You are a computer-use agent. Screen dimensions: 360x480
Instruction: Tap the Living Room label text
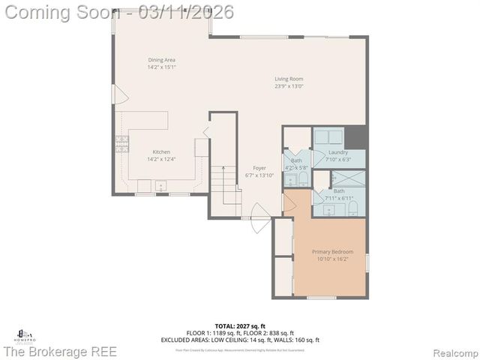point(289,78)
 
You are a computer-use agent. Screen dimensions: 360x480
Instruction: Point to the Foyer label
point(259,168)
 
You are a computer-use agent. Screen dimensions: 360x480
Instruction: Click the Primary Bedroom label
point(332,251)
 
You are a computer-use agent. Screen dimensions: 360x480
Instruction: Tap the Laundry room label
point(337,152)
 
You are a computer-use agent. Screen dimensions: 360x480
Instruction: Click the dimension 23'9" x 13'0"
point(289,85)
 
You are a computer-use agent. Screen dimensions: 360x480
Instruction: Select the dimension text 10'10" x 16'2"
point(332,259)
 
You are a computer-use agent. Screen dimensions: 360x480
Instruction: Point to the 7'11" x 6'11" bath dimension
point(339,198)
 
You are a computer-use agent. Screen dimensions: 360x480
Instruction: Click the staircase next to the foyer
point(225,184)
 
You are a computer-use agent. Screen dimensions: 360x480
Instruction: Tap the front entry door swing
point(259,224)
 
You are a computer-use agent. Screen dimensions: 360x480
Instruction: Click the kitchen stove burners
point(119,143)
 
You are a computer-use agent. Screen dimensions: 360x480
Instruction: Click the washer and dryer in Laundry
point(328,137)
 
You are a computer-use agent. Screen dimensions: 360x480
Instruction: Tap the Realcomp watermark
point(452,351)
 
